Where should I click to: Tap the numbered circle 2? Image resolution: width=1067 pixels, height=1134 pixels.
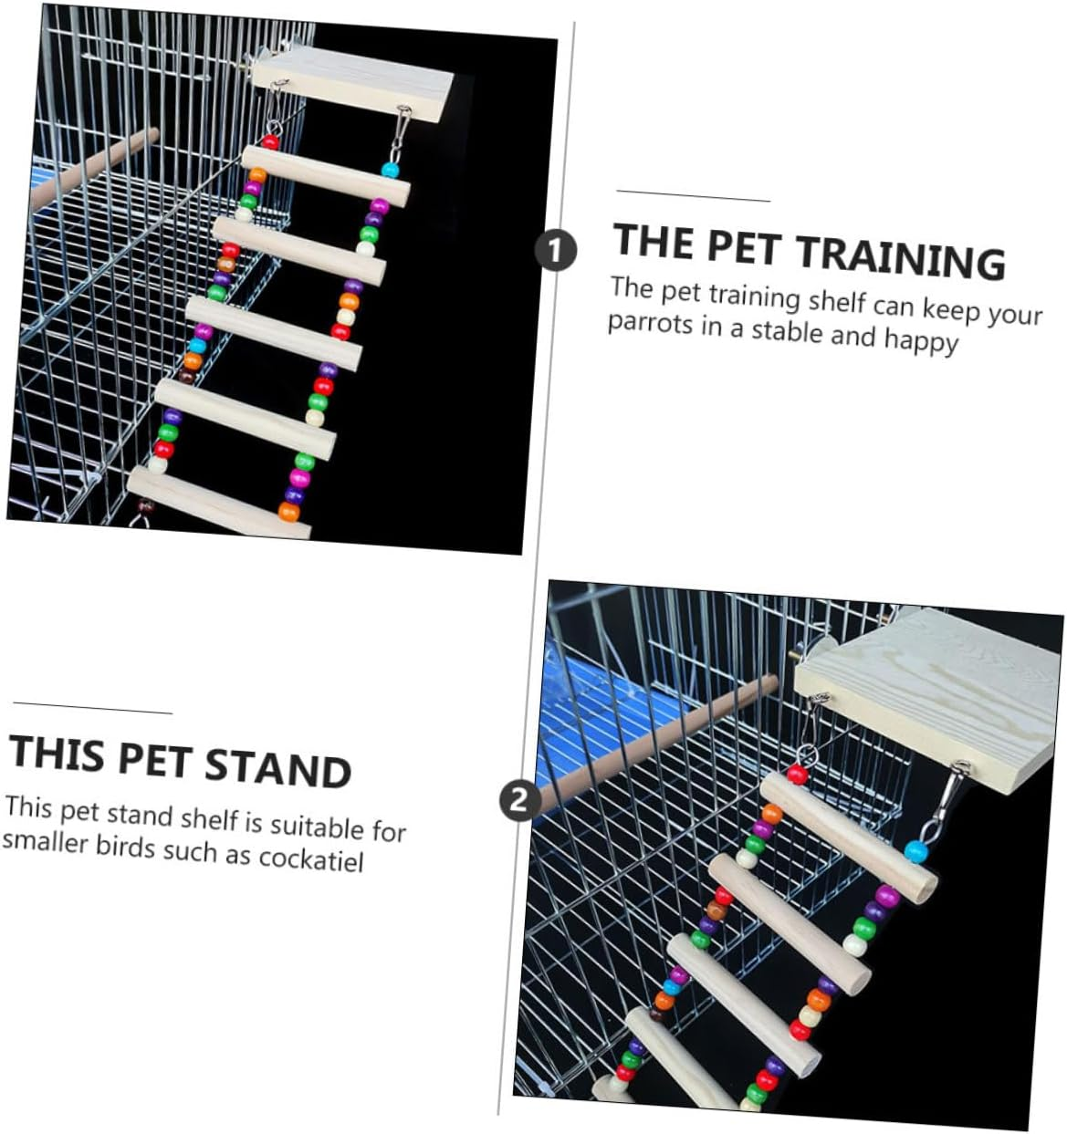click(x=519, y=800)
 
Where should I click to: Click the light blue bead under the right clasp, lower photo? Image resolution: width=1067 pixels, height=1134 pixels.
click(x=915, y=852)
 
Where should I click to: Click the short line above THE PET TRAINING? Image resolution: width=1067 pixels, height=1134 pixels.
click(x=693, y=196)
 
